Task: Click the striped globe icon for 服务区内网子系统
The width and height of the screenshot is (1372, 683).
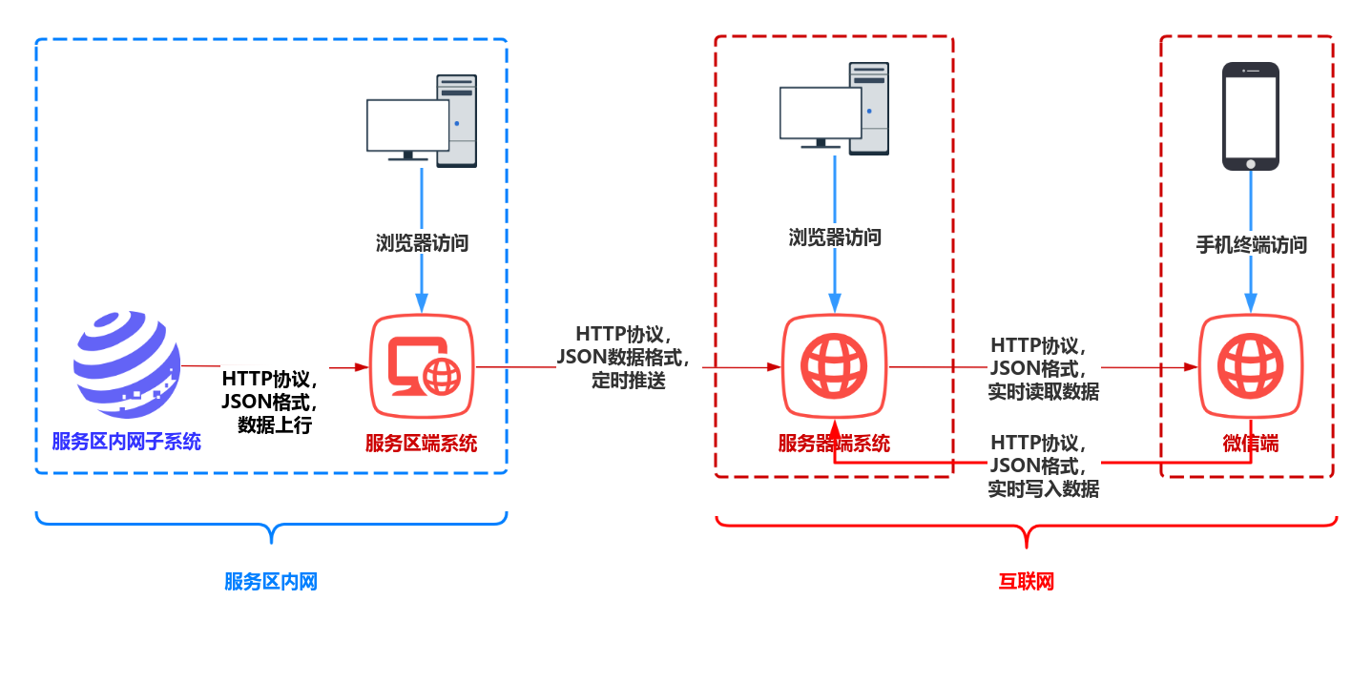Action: click(x=127, y=364)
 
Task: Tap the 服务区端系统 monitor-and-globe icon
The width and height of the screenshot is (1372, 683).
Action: click(x=422, y=366)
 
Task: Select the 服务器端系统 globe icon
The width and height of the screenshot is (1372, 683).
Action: click(x=835, y=366)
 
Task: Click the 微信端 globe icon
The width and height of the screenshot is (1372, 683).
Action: click(x=1250, y=366)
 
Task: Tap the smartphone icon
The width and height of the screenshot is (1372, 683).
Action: click(x=1250, y=116)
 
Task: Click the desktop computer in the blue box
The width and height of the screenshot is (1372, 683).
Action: click(x=422, y=121)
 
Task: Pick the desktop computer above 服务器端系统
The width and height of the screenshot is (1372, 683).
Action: click(x=835, y=110)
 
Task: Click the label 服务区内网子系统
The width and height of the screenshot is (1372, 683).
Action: click(x=127, y=442)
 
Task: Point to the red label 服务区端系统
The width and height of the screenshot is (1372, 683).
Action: click(x=422, y=444)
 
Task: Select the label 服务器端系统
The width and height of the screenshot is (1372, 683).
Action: click(x=834, y=444)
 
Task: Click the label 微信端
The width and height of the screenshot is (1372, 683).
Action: click(x=1250, y=444)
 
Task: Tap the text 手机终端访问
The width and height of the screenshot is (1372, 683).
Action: click(x=1251, y=245)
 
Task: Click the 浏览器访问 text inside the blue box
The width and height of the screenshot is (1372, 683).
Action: click(x=422, y=242)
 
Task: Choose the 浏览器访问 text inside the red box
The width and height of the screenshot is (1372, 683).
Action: click(x=835, y=238)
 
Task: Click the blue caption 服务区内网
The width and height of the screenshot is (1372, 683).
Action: click(x=271, y=582)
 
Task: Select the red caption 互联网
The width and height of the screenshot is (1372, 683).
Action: click(x=1027, y=582)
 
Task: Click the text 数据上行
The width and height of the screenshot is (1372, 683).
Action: click(x=275, y=425)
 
